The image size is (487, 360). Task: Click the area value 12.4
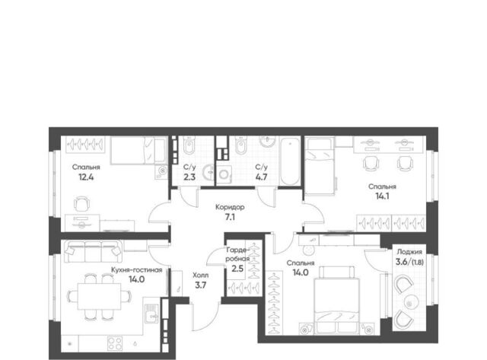pyautogui.click(x=86, y=177)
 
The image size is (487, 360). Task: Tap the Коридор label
pyautogui.click(x=230, y=207)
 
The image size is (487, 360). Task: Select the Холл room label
pyautogui.click(x=201, y=276)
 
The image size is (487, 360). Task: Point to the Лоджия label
pyautogui.click(x=409, y=252)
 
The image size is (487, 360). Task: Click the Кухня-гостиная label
pyautogui.click(x=137, y=270)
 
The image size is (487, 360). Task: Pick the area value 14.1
pyautogui.click(x=382, y=196)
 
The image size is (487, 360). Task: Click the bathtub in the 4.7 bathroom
pyautogui.click(x=290, y=161)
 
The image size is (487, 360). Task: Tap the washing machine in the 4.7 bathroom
pyautogui.click(x=224, y=174)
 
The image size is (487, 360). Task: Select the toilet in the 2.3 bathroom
pyautogui.click(x=189, y=147)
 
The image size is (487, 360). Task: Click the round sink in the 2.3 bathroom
pyautogui.click(x=208, y=172)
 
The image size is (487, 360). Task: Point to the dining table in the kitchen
pyautogui.click(x=100, y=296)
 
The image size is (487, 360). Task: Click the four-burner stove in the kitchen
pyautogui.click(x=115, y=343)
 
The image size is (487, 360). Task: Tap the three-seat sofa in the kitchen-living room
pyautogui.click(x=93, y=252)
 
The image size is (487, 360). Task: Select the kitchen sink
pyautogui.click(x=152, y=314)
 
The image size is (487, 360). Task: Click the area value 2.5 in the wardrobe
pyautogui.click(x=237, y=268)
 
